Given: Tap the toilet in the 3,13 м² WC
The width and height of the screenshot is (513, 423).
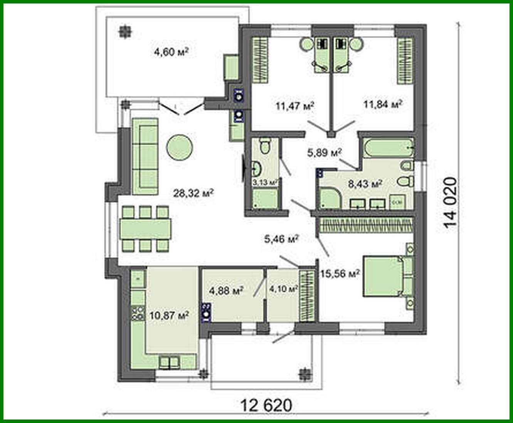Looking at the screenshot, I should pyautogui.click(x=264, y=146).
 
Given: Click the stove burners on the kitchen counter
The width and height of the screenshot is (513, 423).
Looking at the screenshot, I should pyautogui.click(x=137, y=312).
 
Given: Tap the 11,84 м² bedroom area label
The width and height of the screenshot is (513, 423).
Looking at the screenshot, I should pyautogui.click(x=383, y=104).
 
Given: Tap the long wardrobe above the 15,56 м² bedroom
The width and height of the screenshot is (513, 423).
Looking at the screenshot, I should pyautogui.click(x=366, y=225).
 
